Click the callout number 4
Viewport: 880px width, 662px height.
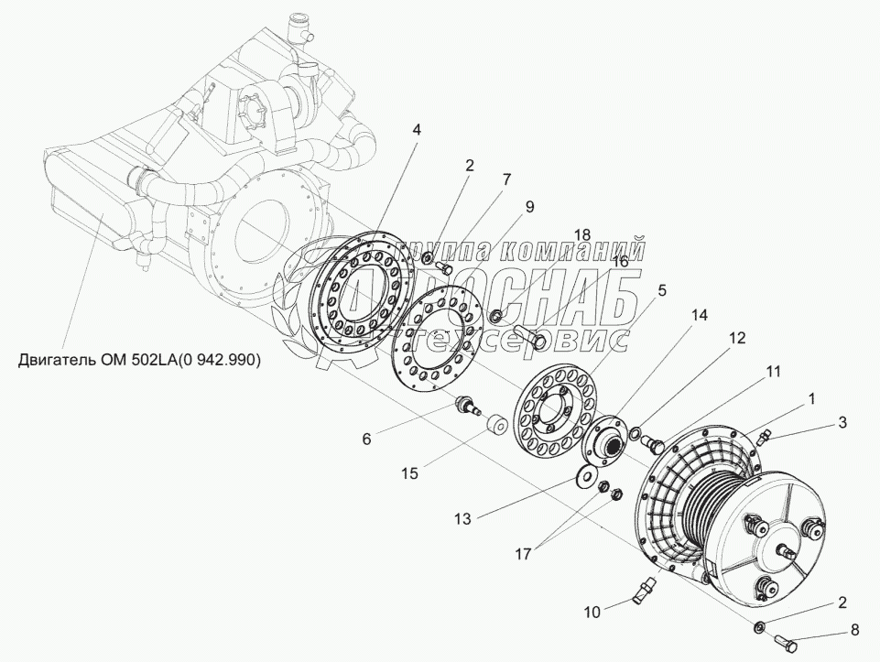pos(417,130)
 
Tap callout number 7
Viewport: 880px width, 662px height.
pos(505,179)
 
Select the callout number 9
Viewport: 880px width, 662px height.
pos(528,206)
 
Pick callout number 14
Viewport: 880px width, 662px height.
pos(700,315)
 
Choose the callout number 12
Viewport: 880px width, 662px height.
pos(737,337)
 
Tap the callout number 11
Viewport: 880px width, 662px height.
pos(775,372)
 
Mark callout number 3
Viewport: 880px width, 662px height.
pos(842,422)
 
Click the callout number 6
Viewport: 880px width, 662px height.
pos(366,438)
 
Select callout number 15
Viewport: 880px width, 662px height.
pos(408,472)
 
